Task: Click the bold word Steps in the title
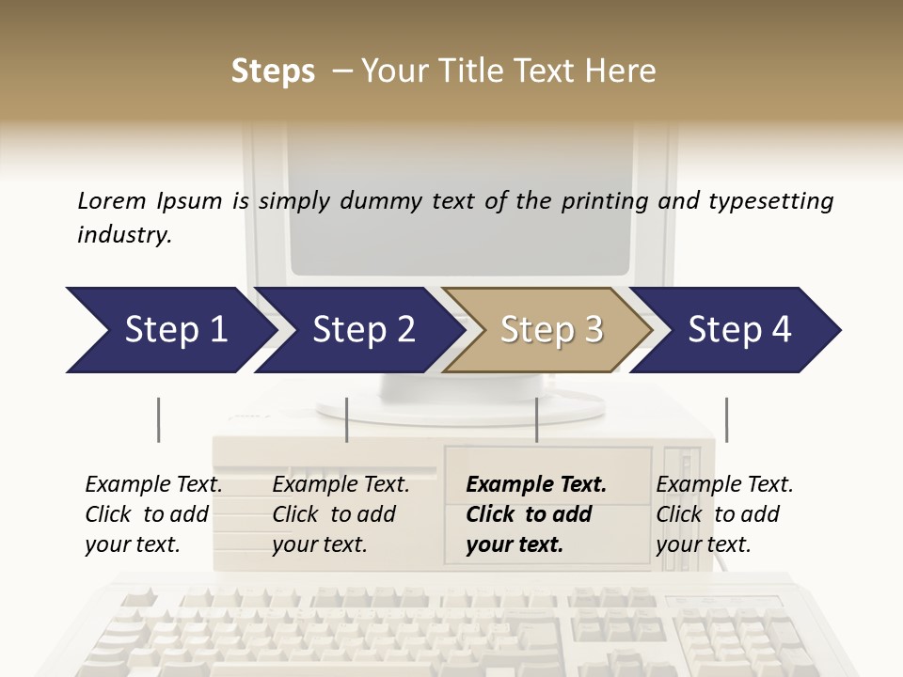point(273,71)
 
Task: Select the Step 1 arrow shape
point(169,330)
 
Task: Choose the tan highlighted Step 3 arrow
point(549,330)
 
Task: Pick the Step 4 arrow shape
point(738,330)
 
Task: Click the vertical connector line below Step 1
point(158,419)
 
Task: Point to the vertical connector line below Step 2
point(347,419)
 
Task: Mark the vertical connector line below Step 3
point(536,419)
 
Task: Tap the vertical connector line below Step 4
point(726,419)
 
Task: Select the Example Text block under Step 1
point(153,514)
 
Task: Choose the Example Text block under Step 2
point(341,514)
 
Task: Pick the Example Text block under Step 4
point(724,514)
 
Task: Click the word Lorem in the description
point(112,201)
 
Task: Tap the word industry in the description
point(124,235)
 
